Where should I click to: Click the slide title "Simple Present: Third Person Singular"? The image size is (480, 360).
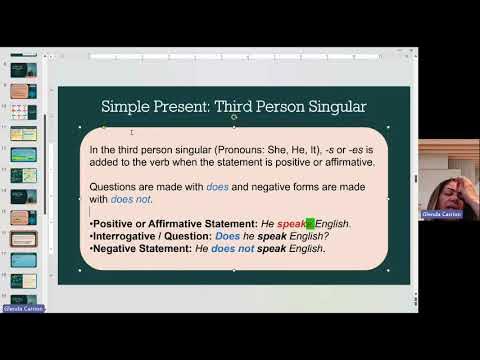coord(233,106)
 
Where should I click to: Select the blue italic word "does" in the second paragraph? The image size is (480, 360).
coord(218,187)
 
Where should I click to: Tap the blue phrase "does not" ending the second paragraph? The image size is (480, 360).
coord(130,199)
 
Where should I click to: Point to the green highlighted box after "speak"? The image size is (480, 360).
coord(310,224)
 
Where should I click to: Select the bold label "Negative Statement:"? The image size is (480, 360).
coord(141,248)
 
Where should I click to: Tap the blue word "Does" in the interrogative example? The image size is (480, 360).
coord(228,236)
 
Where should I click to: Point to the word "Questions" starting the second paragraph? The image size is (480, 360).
coord(115,187)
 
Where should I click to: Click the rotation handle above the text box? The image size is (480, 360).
coord(234,117)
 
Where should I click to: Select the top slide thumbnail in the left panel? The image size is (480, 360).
coord(24,70)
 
